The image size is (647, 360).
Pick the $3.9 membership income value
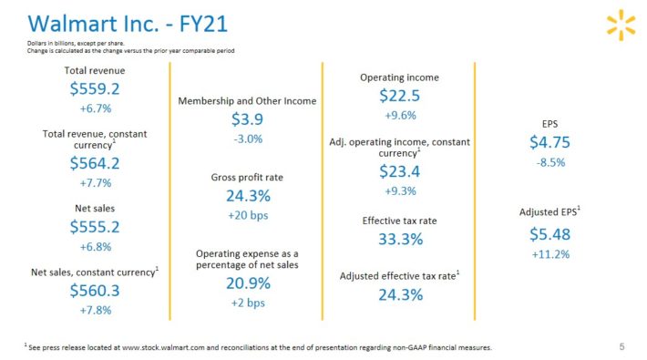[247, 119]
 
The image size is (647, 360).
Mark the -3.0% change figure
[247, 139]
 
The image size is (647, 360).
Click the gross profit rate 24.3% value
[247, 196]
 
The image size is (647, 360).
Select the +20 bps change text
[247, 216]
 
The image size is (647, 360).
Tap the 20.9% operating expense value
[247, 283]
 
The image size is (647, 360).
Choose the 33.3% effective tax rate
[400, 240]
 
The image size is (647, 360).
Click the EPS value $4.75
[550, 142]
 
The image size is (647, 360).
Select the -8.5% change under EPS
[550, 162]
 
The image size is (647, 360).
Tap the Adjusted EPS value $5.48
[550, 234]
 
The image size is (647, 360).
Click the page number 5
[621, 345]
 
